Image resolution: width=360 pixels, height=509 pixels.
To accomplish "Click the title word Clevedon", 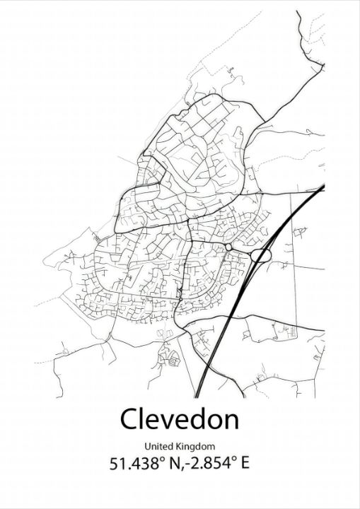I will (180, 419).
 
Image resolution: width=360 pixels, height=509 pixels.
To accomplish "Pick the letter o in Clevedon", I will (213, 422).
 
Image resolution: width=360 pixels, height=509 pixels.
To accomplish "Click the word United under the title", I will (159, 446).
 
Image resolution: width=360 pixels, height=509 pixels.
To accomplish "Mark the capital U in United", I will (148, 446).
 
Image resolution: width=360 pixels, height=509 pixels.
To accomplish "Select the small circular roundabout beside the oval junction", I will (229, 247).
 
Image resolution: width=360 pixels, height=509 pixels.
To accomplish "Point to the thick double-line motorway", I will (226, 325).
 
